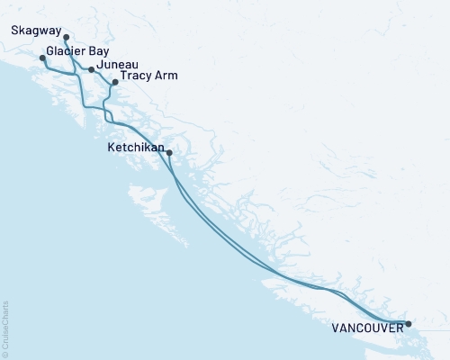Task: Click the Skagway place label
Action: coord(37,30)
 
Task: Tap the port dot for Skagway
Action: coord(67,37)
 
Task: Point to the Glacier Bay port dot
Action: coord(42,58)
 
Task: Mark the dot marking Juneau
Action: coord(91,69)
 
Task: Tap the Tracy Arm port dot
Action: coord(114,83)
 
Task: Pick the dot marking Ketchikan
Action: coord(169,152)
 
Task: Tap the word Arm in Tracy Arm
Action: coord(166,76)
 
